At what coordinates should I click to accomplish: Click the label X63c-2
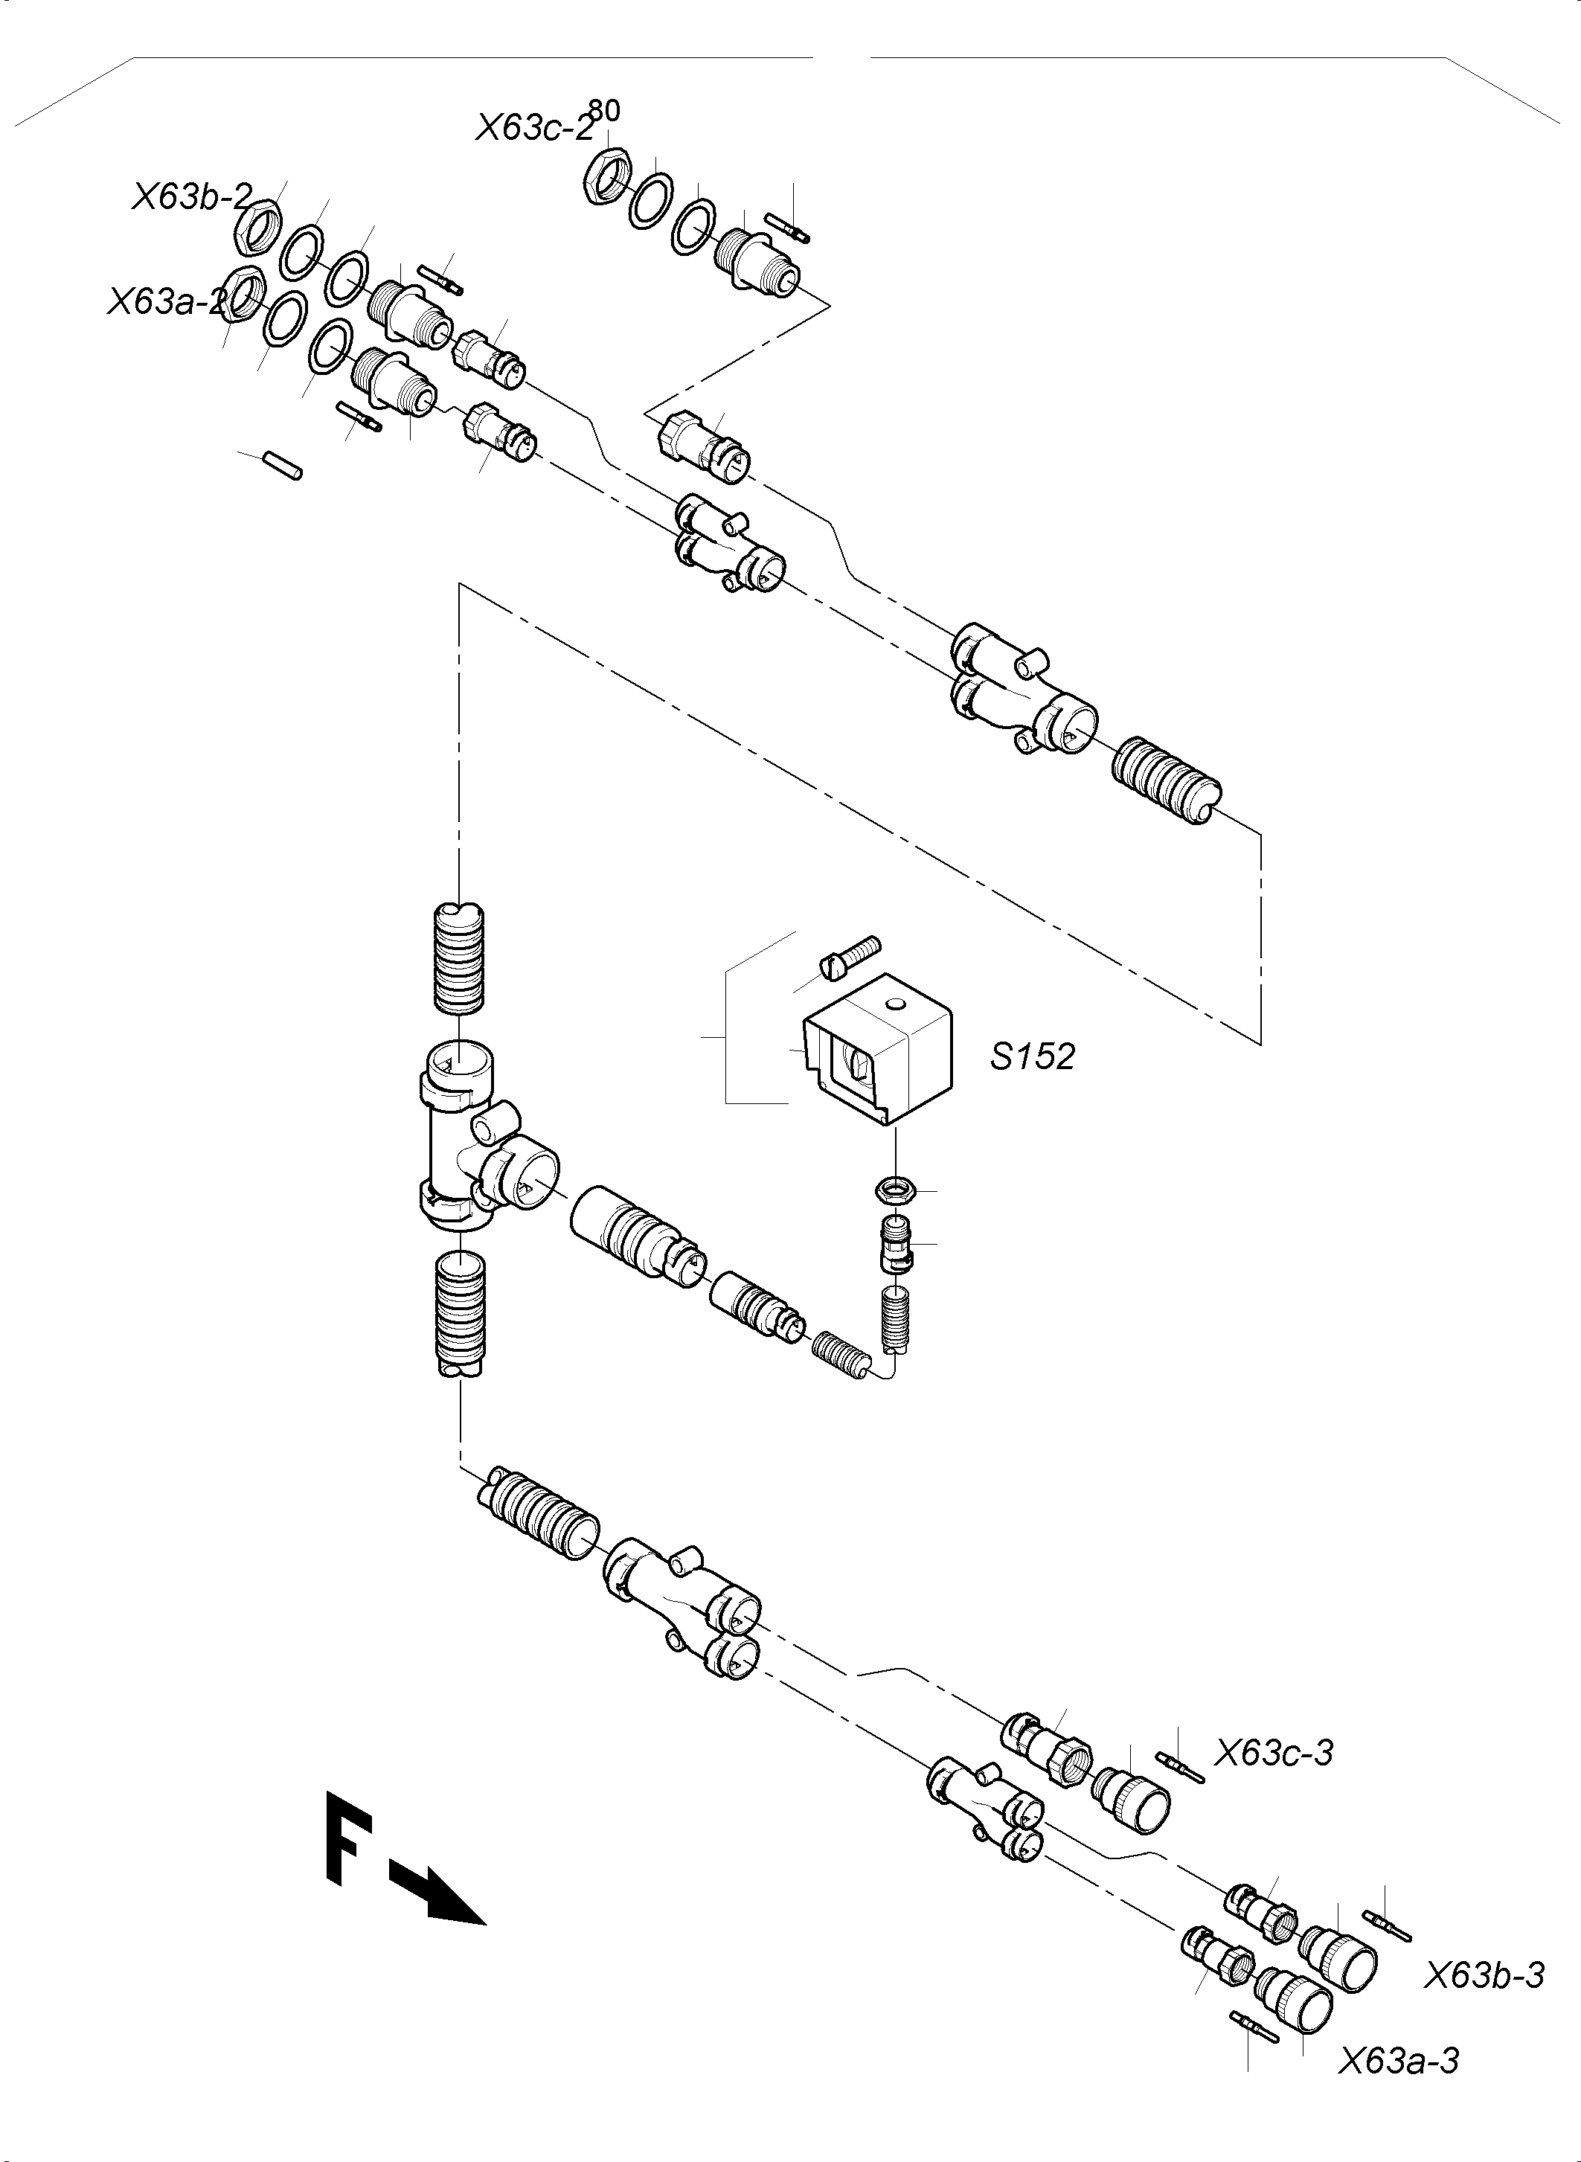click(534, 128)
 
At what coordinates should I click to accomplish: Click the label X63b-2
click(190, 197)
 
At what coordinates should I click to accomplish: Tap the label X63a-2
click(168, 301)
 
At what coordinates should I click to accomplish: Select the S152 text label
click(1032, 1056)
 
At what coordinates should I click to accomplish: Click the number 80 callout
click(604, 111)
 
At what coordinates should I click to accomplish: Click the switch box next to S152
click(878, 1049)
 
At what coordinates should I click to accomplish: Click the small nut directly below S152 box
click(897, 1190)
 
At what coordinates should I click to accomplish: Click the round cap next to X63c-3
click(1132, 1800)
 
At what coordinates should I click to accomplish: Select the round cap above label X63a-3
click(1295, 1998)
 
